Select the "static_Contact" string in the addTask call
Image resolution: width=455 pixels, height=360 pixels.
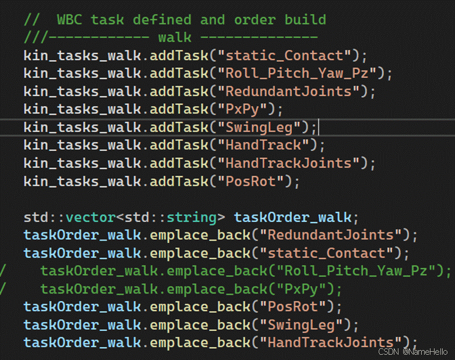click(284, 56)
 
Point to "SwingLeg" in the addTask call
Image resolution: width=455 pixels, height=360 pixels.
click(263, 127)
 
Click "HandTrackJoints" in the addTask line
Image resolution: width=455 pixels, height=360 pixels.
click(292, 163)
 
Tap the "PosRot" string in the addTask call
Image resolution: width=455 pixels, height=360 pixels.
click(255, 181)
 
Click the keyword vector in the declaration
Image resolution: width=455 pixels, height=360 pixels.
click(90, 217)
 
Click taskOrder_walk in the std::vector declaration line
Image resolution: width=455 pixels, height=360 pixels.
click(292, 217)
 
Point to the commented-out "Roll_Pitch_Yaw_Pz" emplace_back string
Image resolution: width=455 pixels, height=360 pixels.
click(360, 271)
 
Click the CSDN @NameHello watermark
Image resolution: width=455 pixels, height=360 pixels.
click(412, 352)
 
